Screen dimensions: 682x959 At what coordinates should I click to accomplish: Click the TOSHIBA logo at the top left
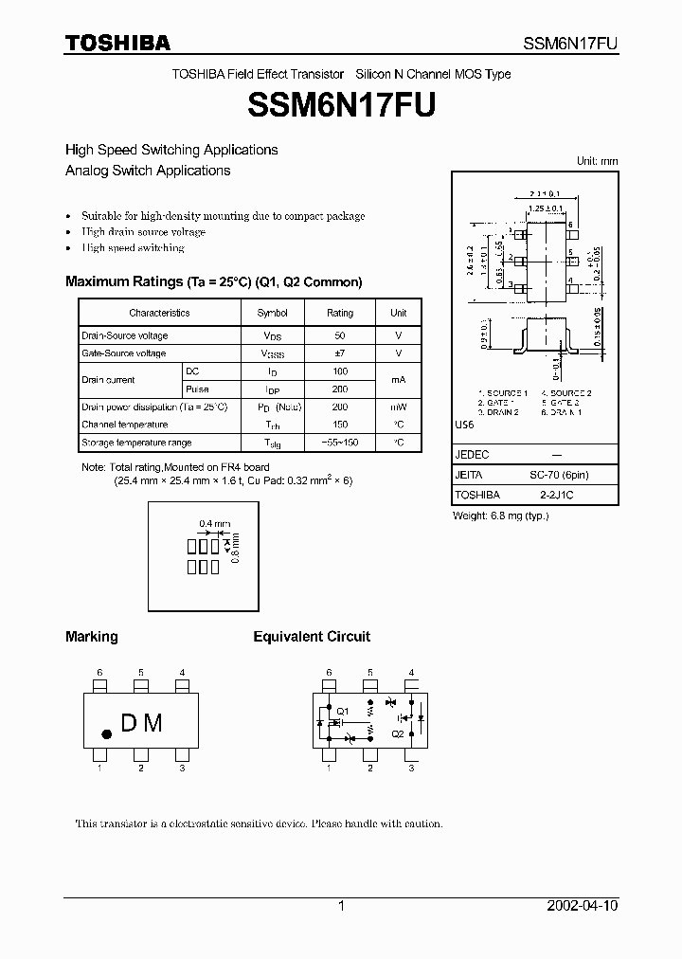pos(117,43)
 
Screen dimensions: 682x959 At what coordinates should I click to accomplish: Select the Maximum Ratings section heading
pos(213,281)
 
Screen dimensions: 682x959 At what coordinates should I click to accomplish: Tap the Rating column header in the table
pos(339,313)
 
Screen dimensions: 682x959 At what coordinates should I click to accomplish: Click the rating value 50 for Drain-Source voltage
pos(339,335)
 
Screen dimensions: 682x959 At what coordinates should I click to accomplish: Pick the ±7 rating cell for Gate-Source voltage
pos(339,353)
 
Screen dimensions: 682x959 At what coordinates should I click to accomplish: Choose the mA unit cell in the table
pos(399,380)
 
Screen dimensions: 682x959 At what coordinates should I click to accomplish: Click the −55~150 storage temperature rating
pos(339,443)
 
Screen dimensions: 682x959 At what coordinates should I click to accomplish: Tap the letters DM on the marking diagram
pos(142,723)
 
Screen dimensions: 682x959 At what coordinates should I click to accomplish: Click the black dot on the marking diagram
pos(107,733)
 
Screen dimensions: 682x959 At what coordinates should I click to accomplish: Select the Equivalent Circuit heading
pos(312,637)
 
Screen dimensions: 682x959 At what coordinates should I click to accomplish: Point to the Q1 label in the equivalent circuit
pos(343,712)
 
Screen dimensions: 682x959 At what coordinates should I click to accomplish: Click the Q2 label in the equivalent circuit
pos(396,733)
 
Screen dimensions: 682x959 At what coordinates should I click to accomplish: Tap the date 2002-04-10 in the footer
pos(583,906)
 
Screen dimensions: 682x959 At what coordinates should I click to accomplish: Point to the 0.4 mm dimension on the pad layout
pos(215,523)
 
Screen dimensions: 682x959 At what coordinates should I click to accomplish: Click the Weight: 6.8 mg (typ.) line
pos(501,516)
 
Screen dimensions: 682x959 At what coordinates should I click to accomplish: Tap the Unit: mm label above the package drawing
pos(597,161)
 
